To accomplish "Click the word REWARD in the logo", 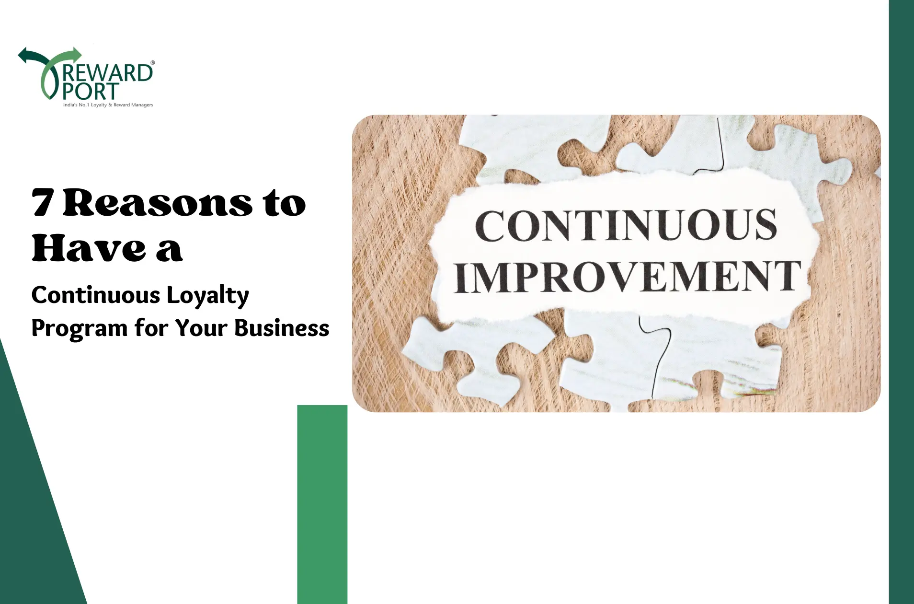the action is pyautogui.click(x=108, y=73).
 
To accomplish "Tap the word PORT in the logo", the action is pyautogui.click(x=91, y=91).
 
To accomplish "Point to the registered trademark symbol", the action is pyautogui.click(x=152, y=62).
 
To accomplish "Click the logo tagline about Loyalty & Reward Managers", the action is pyautogui.click(x=108, y=105).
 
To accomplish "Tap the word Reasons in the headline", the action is pyautogui.click(x=158, y=202).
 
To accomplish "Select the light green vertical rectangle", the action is pyautogui.click(x=322, y=504).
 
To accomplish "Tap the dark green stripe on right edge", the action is pyautogui.click(x=902, y=302).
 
